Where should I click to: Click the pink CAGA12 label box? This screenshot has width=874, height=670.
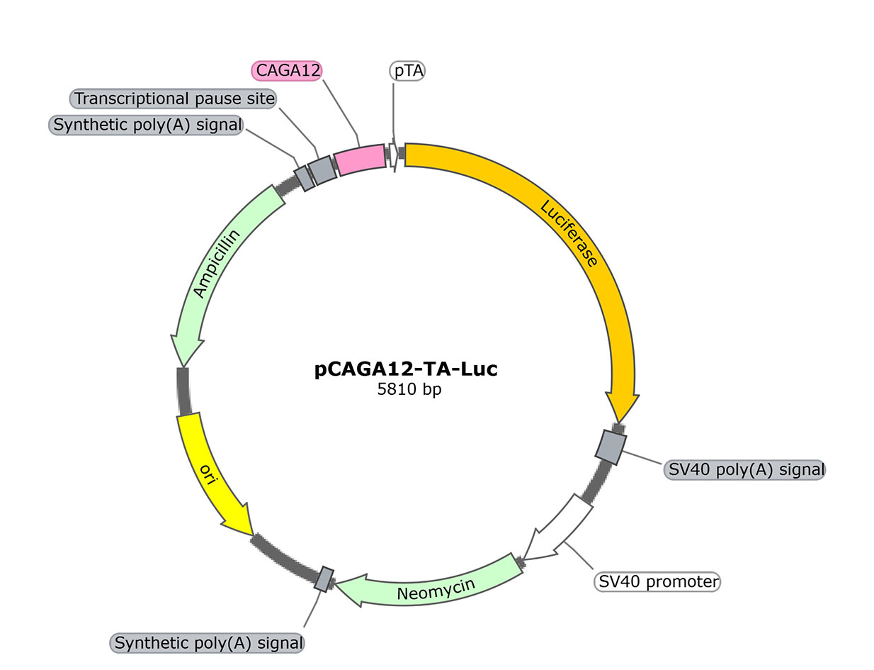[x=288, y=70]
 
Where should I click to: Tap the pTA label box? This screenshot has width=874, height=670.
[x=407, y=71]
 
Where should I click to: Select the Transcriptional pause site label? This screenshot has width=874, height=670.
[x=174, y=98]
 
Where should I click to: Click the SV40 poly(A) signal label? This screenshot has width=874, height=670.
[x=744, y=469]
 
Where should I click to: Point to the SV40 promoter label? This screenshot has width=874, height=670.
[x=656, y=582]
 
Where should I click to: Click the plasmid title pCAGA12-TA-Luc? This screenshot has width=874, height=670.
[x=406, y=369]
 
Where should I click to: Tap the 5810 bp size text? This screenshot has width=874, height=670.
[x=409, y=389]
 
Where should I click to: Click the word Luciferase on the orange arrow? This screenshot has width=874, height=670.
[x=569, y=233]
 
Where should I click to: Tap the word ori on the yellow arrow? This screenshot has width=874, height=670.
[x=207, y=472]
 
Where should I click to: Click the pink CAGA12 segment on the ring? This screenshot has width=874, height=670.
[x=359, y=160]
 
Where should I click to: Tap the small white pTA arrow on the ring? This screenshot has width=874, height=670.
[x=392, y=155]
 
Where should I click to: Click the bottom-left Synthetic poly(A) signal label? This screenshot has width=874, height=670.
[x=208, y=643]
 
